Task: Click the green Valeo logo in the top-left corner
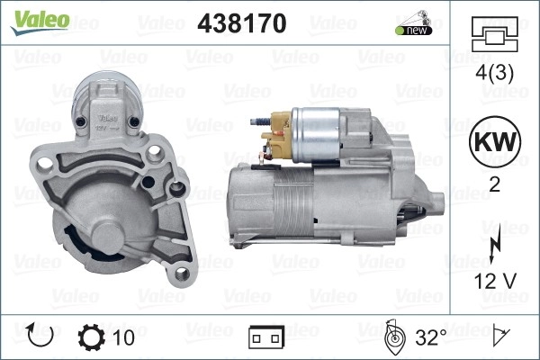(40, 22)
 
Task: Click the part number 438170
(242, 23)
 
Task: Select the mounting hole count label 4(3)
(494, 73)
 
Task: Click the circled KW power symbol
(495, 141)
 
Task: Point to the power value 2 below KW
(494, 185)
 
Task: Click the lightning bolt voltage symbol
(495, 246)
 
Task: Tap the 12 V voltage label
(495, 281)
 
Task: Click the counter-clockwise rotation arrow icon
(40, 335)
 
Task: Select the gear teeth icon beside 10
(91, 337)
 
